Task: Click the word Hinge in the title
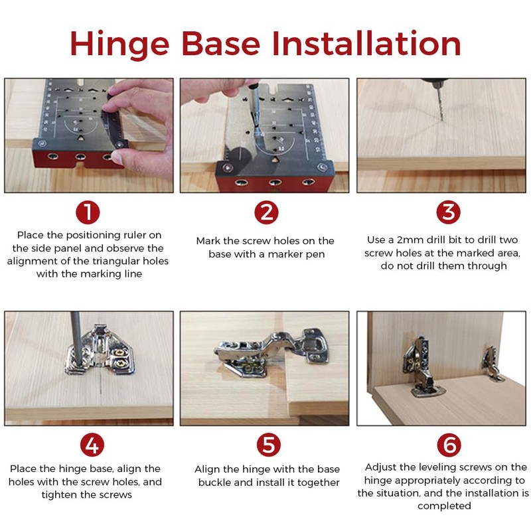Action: click(x=119, y=44)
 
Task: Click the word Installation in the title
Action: click(x=366, y=43)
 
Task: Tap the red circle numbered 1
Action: click(x=88, y=212)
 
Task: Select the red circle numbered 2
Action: click(x=267, y=212)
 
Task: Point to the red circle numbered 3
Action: click(x=449, y=212)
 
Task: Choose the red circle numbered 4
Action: click(x=92, y=445)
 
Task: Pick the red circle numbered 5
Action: click(x=269, y=445)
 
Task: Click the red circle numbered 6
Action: click(x=449, y=445)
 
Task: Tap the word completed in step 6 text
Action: click(x=444, y=506)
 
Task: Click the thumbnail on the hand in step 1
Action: click(x=117, y=157)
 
